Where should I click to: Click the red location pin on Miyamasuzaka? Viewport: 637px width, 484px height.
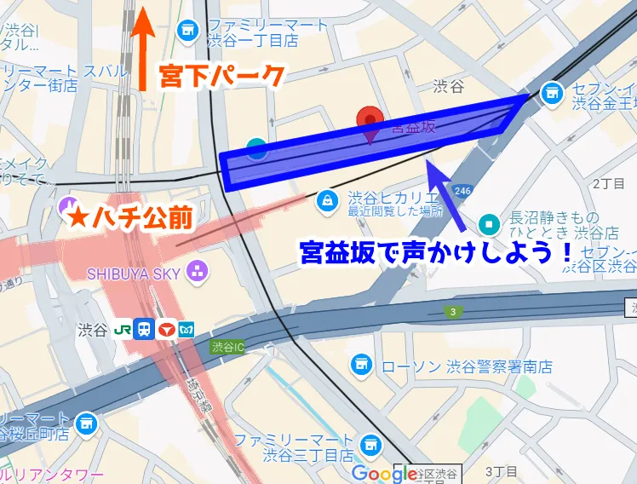point(370,121)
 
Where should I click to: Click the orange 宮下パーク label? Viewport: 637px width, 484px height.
point(222,77)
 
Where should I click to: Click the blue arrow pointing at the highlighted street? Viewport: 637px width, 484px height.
point(446,196)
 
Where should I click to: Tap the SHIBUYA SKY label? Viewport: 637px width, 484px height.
point(133,273)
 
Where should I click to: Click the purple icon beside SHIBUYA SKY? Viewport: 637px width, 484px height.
point(198,272)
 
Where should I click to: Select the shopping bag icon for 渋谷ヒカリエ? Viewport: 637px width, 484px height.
point(326,199)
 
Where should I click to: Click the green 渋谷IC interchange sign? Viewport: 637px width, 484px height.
point(227,347)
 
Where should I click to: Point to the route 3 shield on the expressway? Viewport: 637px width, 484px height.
point(453,313)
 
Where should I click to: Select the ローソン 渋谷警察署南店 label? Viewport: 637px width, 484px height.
point(467,366)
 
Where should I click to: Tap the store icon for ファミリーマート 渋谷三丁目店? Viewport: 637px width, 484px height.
point(370,444)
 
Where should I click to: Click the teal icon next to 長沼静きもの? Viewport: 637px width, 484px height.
point(490,224)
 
